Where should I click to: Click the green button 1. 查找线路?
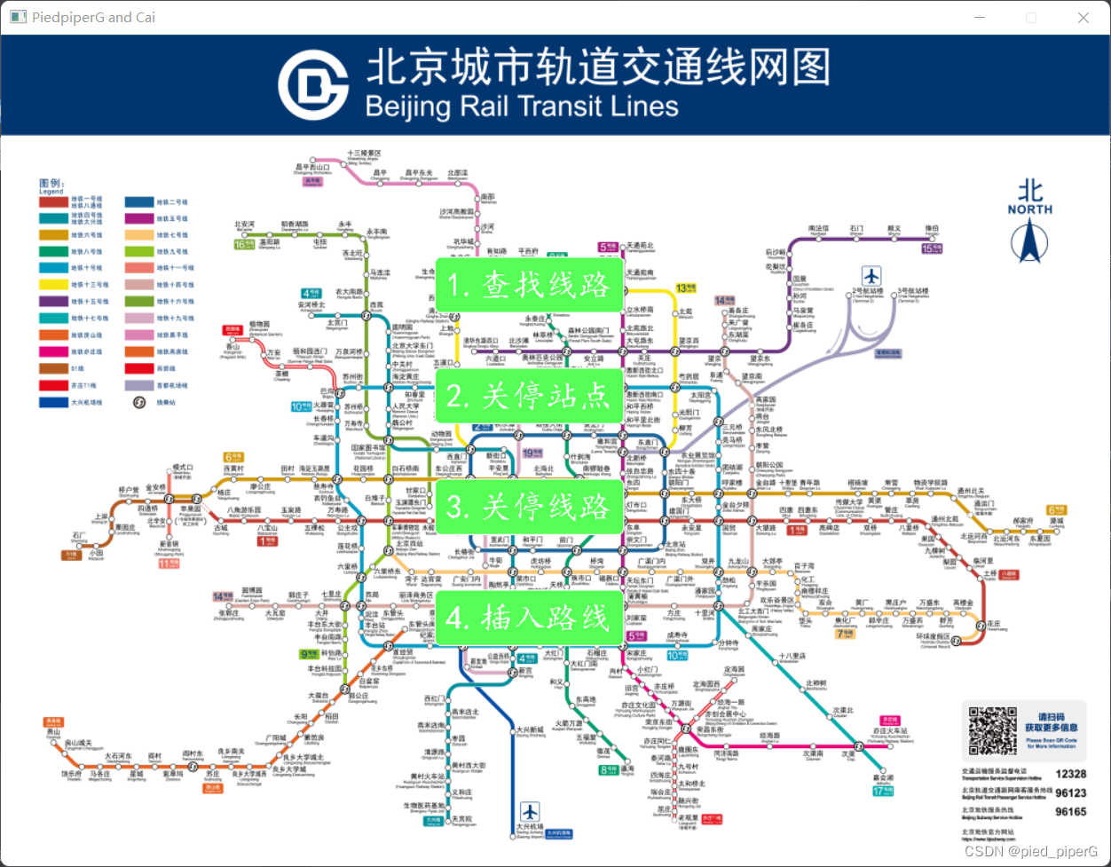[x=530, y=285]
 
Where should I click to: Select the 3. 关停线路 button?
[x=530, y=507]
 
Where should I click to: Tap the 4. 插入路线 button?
[x=530, y=618]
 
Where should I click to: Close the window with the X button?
[x=1083, y=17]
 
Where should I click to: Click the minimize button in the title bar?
[x=979, y=17]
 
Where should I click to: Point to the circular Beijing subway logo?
[x=312, y=85]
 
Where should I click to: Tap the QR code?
[x=992, y=731]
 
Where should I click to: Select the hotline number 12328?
[x=1070, y=774]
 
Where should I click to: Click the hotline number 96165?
[x=1070, y=811]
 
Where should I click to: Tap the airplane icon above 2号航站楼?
[x=871, y=275]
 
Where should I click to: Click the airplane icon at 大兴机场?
[x=530, y=809]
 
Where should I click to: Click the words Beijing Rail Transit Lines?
[x=522, y=106]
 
